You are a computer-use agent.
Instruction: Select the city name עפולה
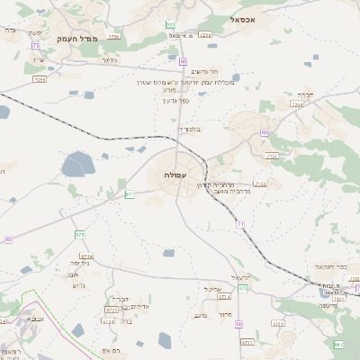click(x=175, y=174)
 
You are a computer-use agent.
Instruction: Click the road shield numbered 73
click(x=35, y=45)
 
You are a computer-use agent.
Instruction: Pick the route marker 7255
click(x=39, y=79)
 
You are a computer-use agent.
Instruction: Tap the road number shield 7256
click(x=112, y=37)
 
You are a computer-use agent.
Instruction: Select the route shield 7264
click(x=297, y=104)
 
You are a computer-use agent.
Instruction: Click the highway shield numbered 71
click(x=240, y=222)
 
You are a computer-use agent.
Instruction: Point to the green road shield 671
click(x=130, y=193)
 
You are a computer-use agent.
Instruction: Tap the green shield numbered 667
click(x=337, y=345)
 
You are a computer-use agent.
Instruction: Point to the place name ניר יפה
click(x=81, y=263)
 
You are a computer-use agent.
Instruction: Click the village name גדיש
click(x=76, y=285)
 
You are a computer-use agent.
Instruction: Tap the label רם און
click(x=112, y=350)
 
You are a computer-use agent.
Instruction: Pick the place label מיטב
click(x=201, y=315)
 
